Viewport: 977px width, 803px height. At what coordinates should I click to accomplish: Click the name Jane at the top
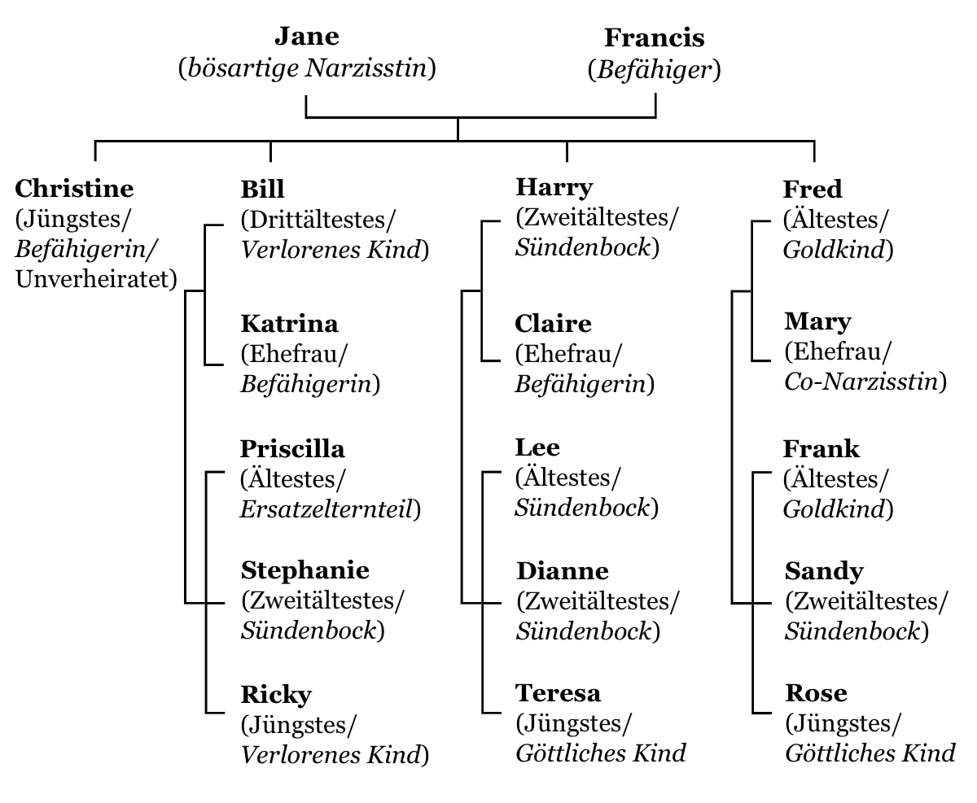(307, 37)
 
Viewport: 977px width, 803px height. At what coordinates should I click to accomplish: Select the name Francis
(654, 38)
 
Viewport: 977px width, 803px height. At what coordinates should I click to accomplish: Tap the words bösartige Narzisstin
(307, 68)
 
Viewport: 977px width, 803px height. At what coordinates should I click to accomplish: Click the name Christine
(74, 189)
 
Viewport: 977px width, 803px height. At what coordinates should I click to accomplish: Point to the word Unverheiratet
(93, 279)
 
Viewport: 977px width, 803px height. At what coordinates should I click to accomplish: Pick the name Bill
(262, 190)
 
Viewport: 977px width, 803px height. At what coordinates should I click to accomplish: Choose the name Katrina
(289, 324)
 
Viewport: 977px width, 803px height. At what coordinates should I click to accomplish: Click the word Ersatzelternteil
(326, 509)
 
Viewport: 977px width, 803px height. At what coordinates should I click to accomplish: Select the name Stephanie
(304, 570)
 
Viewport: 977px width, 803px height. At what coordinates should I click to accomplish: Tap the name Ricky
(276, 695)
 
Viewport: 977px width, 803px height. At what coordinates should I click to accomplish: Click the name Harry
(554, 188)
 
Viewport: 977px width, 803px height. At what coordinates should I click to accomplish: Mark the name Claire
(553, 324)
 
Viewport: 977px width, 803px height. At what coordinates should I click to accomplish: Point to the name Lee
(537, 447)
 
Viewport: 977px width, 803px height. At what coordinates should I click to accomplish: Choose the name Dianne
(563, 571)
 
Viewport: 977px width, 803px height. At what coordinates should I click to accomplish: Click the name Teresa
(558, 693)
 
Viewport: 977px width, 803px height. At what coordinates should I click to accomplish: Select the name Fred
(813, 190)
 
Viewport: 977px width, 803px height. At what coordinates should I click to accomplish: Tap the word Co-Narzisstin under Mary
(861, 382)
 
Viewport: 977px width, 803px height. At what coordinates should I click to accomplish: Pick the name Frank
(821, 449)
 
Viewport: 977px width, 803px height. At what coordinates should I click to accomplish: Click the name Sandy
(824, 572)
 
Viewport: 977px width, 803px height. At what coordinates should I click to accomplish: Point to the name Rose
(817, 693)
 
